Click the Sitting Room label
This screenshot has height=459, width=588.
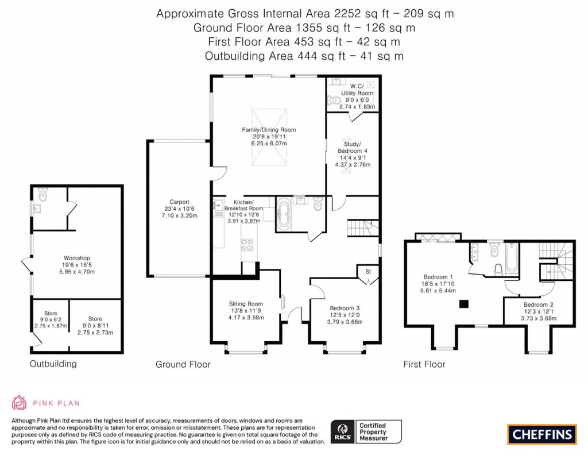[x=246, y=304]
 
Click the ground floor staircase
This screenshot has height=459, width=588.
[x=363, y=227]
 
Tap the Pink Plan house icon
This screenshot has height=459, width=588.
[x=19, y=403]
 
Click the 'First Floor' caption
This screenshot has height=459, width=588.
[x=424, y=364]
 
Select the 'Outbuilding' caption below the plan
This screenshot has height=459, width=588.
[x=53, y=364]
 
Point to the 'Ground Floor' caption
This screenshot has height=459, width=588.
[x=183, y=364]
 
